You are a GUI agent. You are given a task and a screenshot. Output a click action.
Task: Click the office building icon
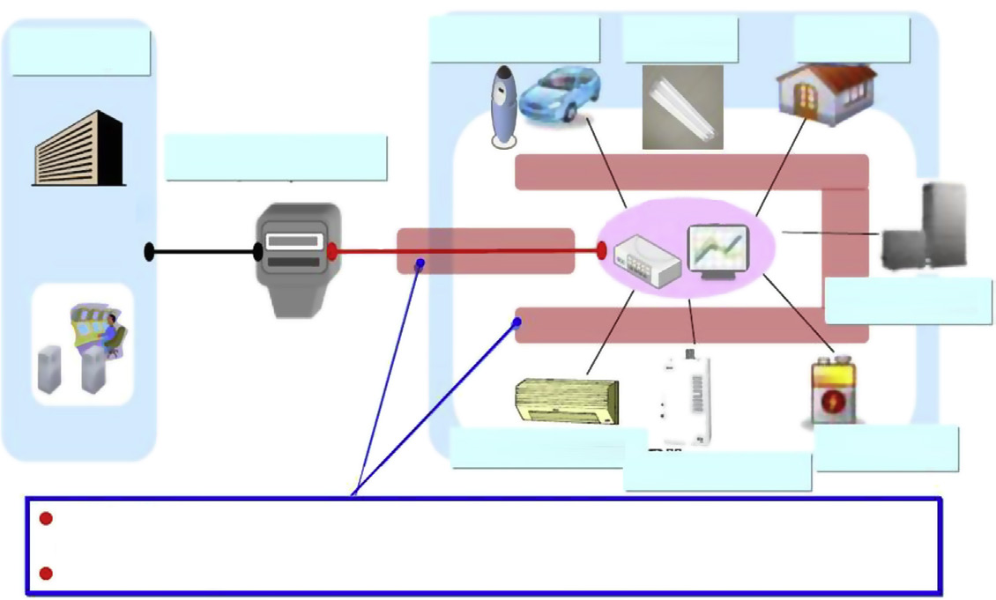pyautogui.click(x=80, y=149)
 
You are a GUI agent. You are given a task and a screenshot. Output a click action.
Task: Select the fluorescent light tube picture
pyautogui.click(x=682, y=105)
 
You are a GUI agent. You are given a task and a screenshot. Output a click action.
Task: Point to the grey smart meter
pyautogui.click(x=297, y=258)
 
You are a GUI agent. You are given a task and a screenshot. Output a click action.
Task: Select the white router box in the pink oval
pyautogui.click(x=646, y=258)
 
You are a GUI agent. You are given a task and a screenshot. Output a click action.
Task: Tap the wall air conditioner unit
pyautogui.click(x=567, y=401)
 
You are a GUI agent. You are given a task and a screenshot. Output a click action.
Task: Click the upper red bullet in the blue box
pyautogui.click(x=47, y=519)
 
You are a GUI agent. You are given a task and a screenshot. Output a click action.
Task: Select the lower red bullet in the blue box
pyautogui.click(x=47, y=574)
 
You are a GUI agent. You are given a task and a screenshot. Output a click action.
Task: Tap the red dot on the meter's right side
pyautogui.click(x=332, y=252)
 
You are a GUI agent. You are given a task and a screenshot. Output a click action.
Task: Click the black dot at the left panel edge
pyautogui.click(x=150, y=253)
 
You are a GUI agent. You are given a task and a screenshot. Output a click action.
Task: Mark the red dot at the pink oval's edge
pyautogui.click(x=602, y=251)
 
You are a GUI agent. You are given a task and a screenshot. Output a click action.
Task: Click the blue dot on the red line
pyautogui.click(x=421, y=263)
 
